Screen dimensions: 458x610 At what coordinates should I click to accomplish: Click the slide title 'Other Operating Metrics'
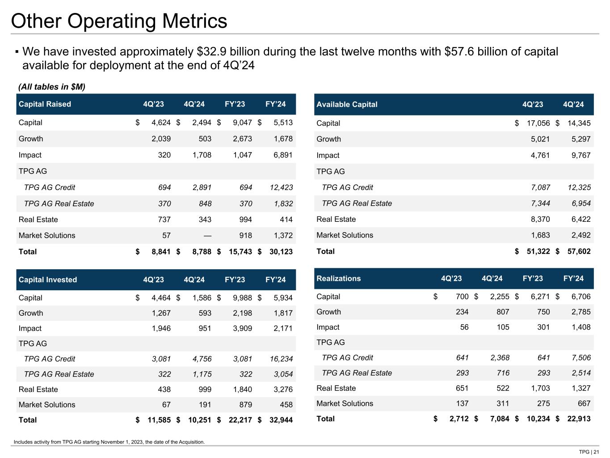[119, 21]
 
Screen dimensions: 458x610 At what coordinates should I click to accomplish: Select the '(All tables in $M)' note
[51, 86]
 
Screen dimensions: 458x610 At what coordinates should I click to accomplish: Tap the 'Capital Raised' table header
[45, 104]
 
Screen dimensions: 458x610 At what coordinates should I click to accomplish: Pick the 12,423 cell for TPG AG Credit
[281, 187]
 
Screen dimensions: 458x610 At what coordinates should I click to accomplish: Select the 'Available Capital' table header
[347, 104]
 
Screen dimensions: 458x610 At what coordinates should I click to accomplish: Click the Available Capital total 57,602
[579, 251]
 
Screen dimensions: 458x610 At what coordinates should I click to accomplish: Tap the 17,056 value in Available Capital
[538, 123]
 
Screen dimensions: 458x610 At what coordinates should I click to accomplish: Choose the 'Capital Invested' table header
[48, 280]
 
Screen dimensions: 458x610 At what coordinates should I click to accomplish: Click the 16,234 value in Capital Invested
[281, 359]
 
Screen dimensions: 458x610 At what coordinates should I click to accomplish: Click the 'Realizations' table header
[338, 279]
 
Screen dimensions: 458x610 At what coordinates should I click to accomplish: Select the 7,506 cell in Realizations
[581, 358]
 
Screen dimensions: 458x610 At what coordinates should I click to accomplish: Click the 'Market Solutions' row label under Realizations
[345, 403]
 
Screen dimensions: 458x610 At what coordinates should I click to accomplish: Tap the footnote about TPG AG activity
[109, 442]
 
